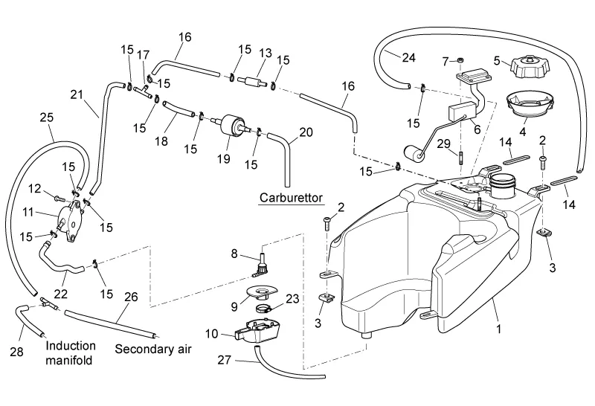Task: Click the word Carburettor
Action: pos(289,199)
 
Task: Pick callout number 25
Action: pos(46,117)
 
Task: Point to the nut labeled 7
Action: pos(460,59)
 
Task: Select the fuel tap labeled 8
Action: pos(261,262)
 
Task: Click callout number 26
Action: pos(130,297)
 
